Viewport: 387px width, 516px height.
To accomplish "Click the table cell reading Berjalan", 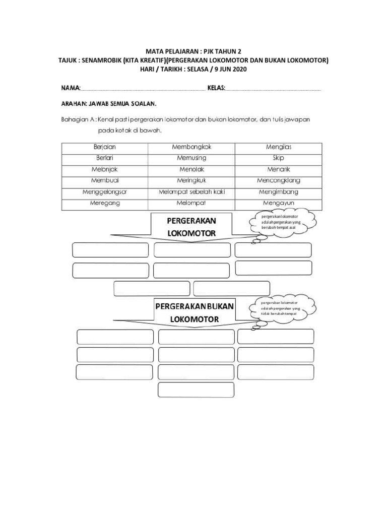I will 105,147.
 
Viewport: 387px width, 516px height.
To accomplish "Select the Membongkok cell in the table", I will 192,147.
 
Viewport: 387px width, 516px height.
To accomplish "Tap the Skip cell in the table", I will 279,158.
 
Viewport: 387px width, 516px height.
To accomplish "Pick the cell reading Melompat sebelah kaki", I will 192,192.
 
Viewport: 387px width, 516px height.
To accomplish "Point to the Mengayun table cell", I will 279,203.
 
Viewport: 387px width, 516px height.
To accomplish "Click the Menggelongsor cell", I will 105,192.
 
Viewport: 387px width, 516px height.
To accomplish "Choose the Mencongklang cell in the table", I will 279,180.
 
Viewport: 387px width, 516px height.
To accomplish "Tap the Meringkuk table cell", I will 192,180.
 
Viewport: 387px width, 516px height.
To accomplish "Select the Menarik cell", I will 279,169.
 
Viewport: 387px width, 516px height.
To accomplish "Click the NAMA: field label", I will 71,88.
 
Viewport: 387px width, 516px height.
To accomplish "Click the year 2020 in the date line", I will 238,69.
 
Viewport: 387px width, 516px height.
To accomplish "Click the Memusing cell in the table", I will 192,158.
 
